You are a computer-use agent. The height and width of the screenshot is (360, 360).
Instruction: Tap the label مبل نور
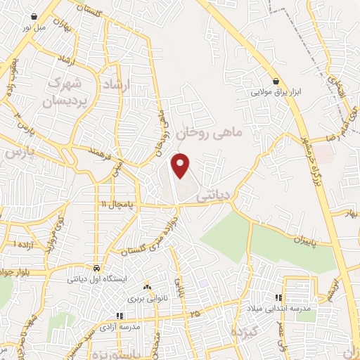click(35, 26)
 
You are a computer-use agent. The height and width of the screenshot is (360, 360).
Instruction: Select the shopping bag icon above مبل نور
click(35, 15)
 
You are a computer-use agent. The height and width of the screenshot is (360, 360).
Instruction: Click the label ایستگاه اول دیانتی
click(96, 279)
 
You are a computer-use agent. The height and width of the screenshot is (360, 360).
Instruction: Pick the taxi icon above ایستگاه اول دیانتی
click(96, 268)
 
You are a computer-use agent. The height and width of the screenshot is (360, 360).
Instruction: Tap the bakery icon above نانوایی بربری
click(147, 287)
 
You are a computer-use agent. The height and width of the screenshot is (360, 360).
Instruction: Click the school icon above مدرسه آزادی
click(120, 316)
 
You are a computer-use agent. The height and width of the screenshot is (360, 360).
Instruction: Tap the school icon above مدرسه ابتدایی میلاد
click(279, 298)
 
